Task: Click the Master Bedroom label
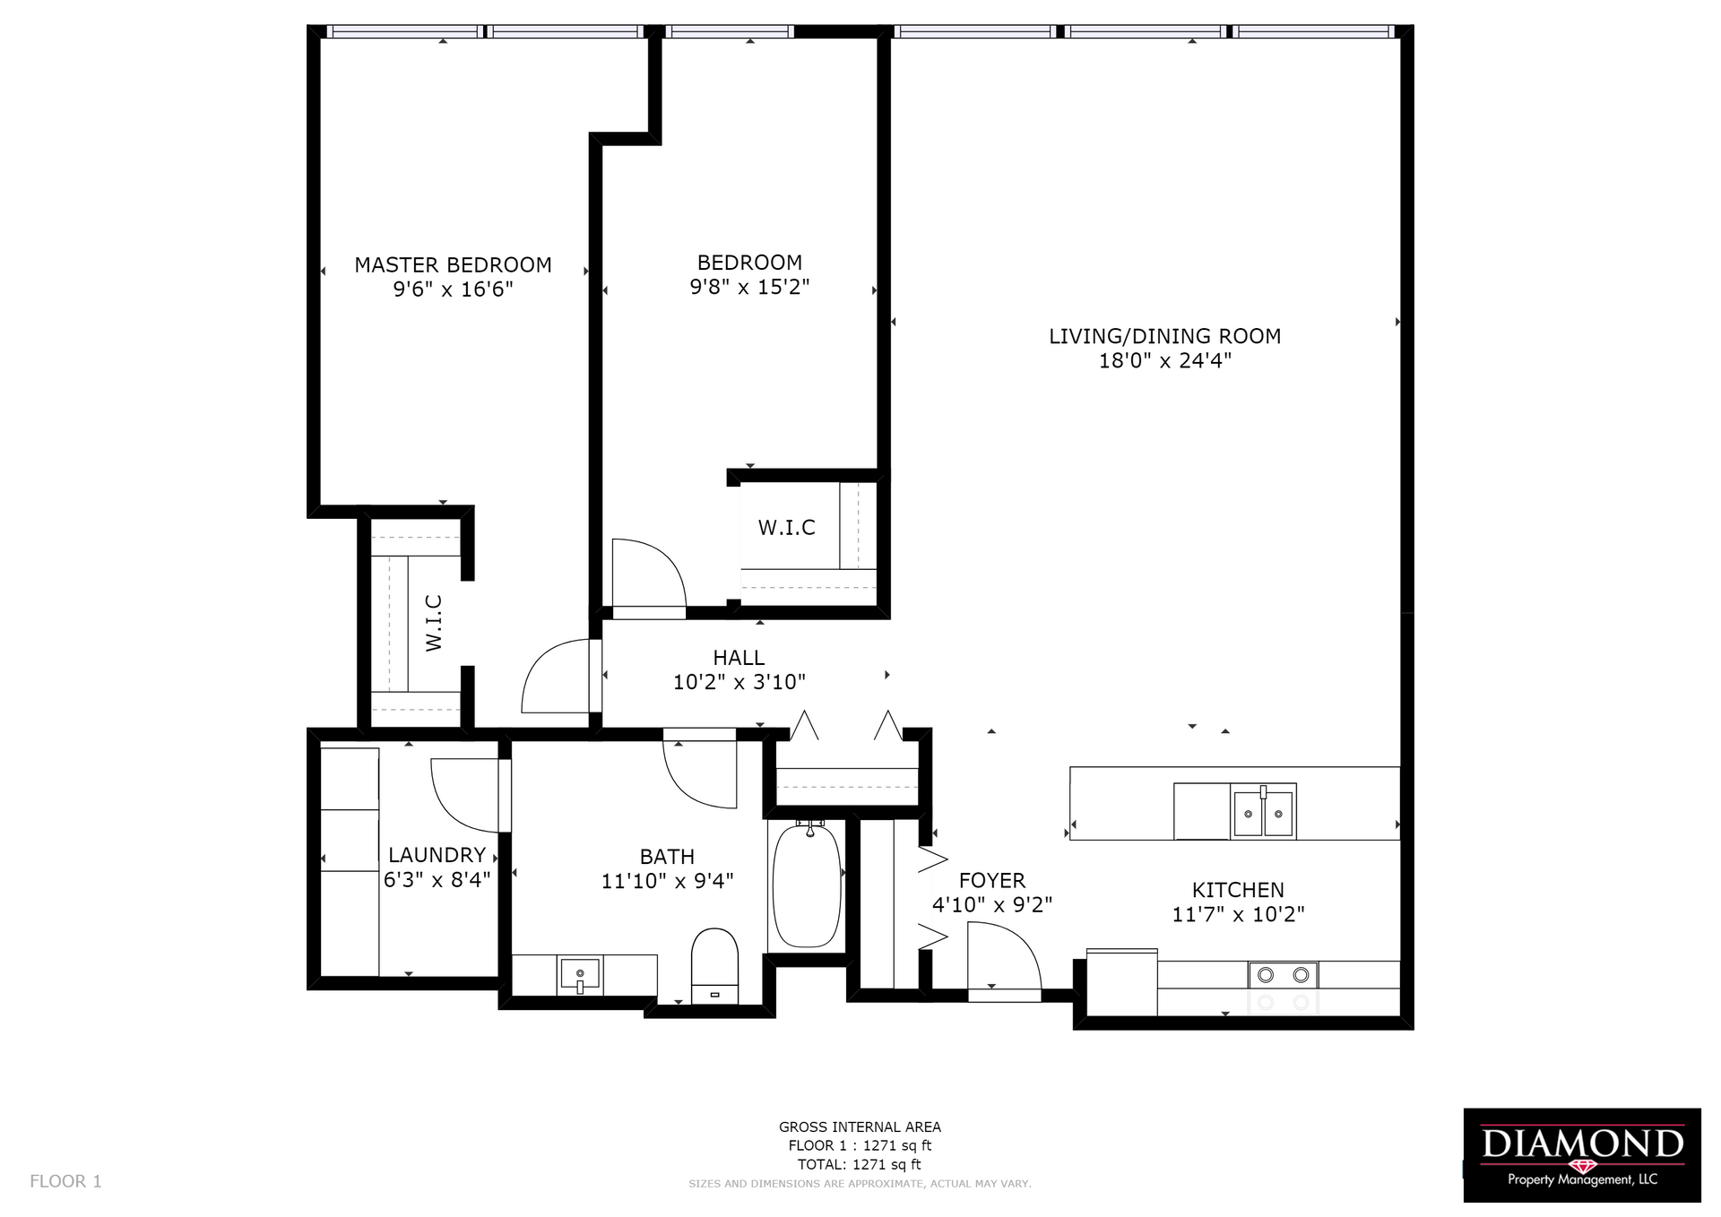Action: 453,265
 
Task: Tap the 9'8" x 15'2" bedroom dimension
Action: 749,287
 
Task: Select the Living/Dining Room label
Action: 1164,336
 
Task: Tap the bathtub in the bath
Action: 807,885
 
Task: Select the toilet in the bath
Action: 714,966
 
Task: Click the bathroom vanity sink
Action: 580,974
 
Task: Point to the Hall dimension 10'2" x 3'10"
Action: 739,682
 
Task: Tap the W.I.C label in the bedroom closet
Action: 787,528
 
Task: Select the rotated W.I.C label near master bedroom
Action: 434,623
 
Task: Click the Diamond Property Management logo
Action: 1582,1155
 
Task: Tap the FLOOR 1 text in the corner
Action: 65,1181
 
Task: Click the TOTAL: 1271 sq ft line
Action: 860,1165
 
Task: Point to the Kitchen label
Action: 1238,890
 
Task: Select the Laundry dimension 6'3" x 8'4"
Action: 437,880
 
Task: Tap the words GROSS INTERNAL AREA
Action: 860,1127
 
